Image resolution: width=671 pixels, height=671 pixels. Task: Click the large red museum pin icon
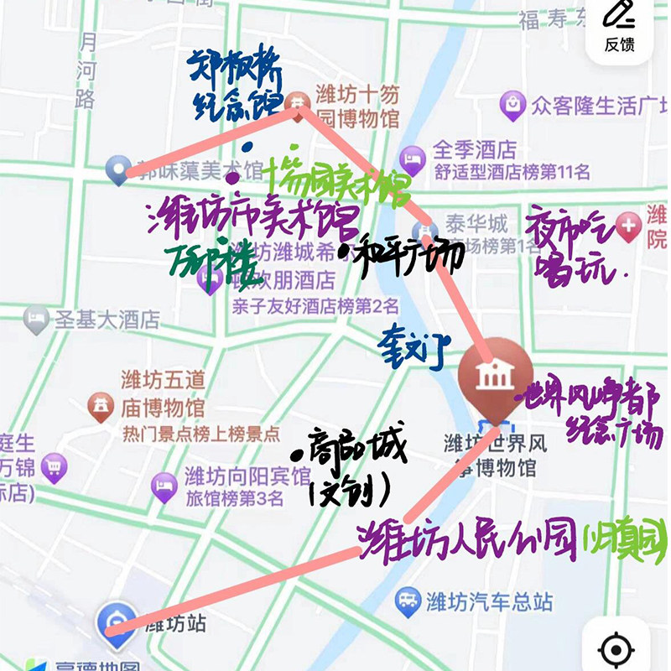point(495,377)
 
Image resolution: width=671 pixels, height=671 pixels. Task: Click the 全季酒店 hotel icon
point(413,156)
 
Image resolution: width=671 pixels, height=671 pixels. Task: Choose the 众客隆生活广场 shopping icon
point(511,107)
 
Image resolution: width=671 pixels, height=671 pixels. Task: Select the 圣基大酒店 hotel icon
point(35,319)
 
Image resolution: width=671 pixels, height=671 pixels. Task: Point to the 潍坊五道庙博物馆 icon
point(101,408)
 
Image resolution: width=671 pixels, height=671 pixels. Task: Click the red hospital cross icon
point(629,225)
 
